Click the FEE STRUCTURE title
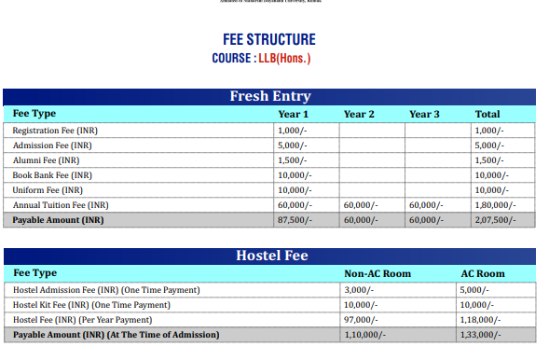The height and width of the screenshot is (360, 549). pyautogui.click(x=269, y=40)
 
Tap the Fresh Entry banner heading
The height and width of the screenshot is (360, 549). pyautogui.click(x=270, y=96)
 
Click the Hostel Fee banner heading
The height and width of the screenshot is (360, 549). pyautogui.click(x=271, y=256)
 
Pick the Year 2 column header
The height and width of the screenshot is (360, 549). pyautogui.click(x=359, y=114)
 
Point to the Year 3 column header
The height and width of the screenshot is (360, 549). pyautogui.click(x=424, y=114)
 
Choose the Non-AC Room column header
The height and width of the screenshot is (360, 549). pyautogui.click(x=377, y=273)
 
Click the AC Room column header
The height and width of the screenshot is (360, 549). pyautogui.click(x=483, y=273)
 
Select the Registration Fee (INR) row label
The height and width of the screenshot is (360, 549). pyautogui.click(x=55, y=131)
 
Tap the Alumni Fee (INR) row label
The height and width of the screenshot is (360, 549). pyautogui.click(x=47, y=160)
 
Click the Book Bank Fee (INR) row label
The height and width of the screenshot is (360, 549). pyautogui.click(x=52, y=175)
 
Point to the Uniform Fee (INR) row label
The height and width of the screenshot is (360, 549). pyautogui.click(x=50, y=190)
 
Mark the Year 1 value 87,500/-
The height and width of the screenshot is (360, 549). pyautogui.click(x=295, y=220)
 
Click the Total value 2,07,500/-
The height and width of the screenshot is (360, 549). pyautogui.click(x=492, y=220)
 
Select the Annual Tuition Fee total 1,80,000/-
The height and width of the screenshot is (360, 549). pyautogui.click(x=492, y=205)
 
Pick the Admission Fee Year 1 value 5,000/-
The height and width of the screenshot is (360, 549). pyautogui.click(x=293, y=145)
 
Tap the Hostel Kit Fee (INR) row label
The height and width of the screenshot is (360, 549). pyautogui.click(x=91, y=305)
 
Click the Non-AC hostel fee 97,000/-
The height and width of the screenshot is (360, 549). pyautogui.click(x=364, y=320)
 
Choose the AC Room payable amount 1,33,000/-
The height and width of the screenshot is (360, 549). pyautogui.click(x=481, y=335)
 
